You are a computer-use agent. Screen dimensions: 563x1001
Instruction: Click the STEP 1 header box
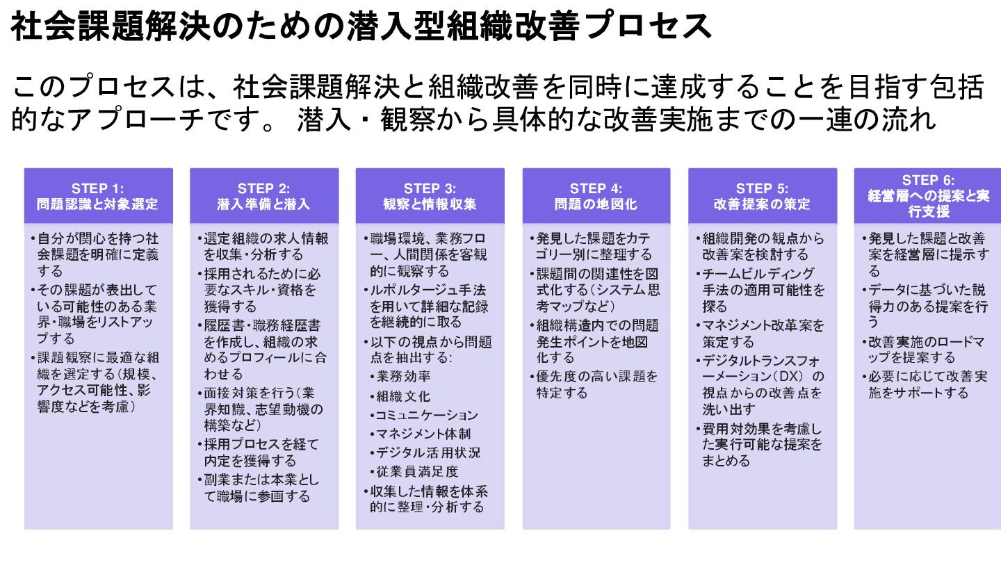coord(98,196)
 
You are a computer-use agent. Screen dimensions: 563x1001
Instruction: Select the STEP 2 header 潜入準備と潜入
coord(264,196)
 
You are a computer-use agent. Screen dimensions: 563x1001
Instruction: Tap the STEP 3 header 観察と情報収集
coord(430,196)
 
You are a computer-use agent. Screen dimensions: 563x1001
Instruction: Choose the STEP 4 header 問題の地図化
coord(596,196)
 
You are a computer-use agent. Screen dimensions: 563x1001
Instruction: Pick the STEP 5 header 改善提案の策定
coord(763,196)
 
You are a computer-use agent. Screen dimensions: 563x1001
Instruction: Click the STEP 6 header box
coord(929,196)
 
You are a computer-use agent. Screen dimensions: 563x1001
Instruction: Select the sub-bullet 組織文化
coord(403,396)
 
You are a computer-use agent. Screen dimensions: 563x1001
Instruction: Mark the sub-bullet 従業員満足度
coord(417,471)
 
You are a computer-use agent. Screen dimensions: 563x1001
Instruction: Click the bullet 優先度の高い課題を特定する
coord(596,384)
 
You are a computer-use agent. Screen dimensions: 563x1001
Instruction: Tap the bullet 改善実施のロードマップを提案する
coord(927,350)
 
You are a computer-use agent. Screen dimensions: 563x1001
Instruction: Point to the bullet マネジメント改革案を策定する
coord(762,333)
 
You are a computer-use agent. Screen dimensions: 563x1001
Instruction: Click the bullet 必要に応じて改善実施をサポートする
coord(927,384)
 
